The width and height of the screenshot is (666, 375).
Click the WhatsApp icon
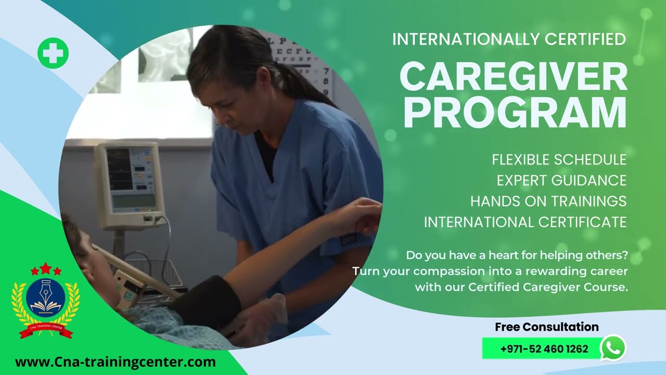pyautogui.click(x=613, y=347)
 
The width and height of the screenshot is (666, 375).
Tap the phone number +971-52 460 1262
pyautogui.click(x=544, y=348)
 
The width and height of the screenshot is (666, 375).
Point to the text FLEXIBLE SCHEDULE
pyautogui.click(x=559, y=159)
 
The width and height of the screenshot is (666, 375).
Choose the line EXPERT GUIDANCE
pyautogui.click(x=561, y=180)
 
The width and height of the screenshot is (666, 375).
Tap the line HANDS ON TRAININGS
pyautogui.click(x=548, y=201)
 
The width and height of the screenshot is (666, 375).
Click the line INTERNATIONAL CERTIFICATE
pyautogui.click(x=525, y=222)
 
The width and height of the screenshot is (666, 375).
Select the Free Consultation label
pyautogui.click(x=546, y=327)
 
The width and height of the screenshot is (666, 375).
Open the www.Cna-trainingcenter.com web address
pyautogui.click(x=115, y=362)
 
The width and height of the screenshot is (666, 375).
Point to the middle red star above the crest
pyautogui.click(x=46, y=268)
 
